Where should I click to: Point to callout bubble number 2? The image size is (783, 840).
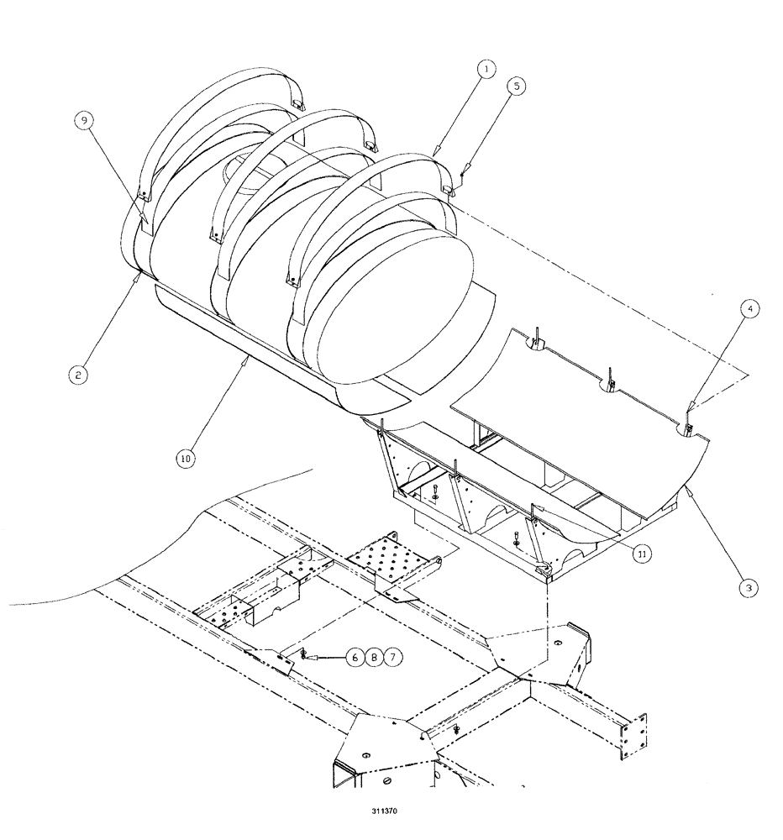tap(76, 376)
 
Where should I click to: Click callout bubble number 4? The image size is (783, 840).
tap(750, 308)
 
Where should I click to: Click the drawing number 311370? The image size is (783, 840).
tap(391, 813)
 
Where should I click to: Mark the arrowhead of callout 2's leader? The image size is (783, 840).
tap(137, 270)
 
